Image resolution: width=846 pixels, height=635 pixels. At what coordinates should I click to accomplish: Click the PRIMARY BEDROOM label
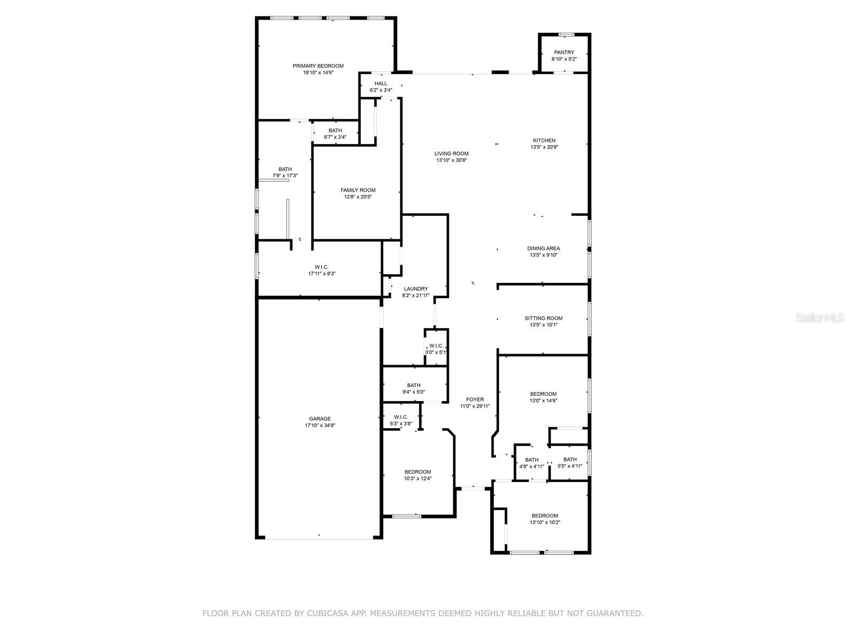pyautogui.click(x=318, y=66)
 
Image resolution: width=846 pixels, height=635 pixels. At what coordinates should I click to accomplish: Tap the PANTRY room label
pyautogui.click(x=564, y=52)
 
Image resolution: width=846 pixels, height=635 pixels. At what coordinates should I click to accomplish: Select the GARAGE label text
pyautogui.click(x=319, y=419)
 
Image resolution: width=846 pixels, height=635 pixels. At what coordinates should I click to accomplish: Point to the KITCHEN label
pyautogui.click(x=544, y=140)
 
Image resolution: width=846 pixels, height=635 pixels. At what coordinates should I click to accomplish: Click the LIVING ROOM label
pyautogui.click(x=452, y=153)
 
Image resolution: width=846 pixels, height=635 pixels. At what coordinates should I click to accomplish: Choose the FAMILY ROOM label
pyautogui.click(x=357, y=190)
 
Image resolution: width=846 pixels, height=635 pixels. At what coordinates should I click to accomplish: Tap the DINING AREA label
pyautogui.click(x=544, y=248)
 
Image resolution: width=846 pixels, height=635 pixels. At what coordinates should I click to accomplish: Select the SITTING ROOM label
pyautogui.click(x=543, y=318)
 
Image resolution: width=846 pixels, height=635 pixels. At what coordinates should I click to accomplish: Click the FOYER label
pyautogui.click(x=474, y=400)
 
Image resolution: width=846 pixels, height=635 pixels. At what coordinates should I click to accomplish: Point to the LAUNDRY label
pyautogui.click(x=416, y=289)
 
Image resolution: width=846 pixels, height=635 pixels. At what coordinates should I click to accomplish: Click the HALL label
pyautogui.click(x=380, y=83)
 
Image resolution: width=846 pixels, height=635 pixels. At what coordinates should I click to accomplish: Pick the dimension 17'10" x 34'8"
pyautogui.click(x=319, y=425)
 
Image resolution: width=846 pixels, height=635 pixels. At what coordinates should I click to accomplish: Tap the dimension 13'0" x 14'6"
pyautogui.click(x=543, y=401)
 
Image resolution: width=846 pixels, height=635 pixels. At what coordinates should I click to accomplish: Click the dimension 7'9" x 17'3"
pyautogui.click(x=285, y=176)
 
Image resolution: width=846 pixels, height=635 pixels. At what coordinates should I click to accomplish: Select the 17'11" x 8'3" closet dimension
pyautogui.click(x=321, y=274)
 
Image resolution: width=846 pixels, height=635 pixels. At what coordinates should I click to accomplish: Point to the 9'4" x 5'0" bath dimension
pyautogui.click(x=413, y=392)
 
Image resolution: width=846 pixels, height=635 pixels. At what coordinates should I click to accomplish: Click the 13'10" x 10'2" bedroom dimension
pyautogui.click(x=545, y=522)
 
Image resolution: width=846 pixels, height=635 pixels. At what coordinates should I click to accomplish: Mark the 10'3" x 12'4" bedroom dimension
pyautogui.click(x=417, y=478)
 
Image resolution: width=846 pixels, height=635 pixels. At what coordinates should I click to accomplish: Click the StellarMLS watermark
pyautogui.click(x=820, y=317)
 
